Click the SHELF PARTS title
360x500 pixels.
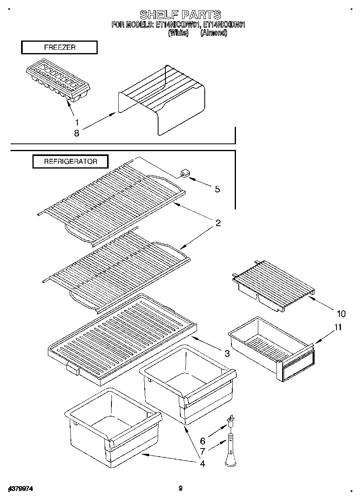[180, 15]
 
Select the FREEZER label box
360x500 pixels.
[59, 47]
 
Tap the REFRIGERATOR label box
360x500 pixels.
[71, 161]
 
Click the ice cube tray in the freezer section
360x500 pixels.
[58, 83]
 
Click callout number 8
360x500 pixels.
[77, 132]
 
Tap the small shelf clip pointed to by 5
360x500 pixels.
[184, 175]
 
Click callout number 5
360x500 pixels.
[218, 189]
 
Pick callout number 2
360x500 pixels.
[218, 223]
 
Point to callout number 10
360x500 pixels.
[341, 313]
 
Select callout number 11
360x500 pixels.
[338, 327]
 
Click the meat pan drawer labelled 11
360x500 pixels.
[272, 348]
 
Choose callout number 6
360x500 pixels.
[203, 441]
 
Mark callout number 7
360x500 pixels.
[203, 450]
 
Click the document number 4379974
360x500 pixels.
[20, 489]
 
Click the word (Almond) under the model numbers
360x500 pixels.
[214, 33]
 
